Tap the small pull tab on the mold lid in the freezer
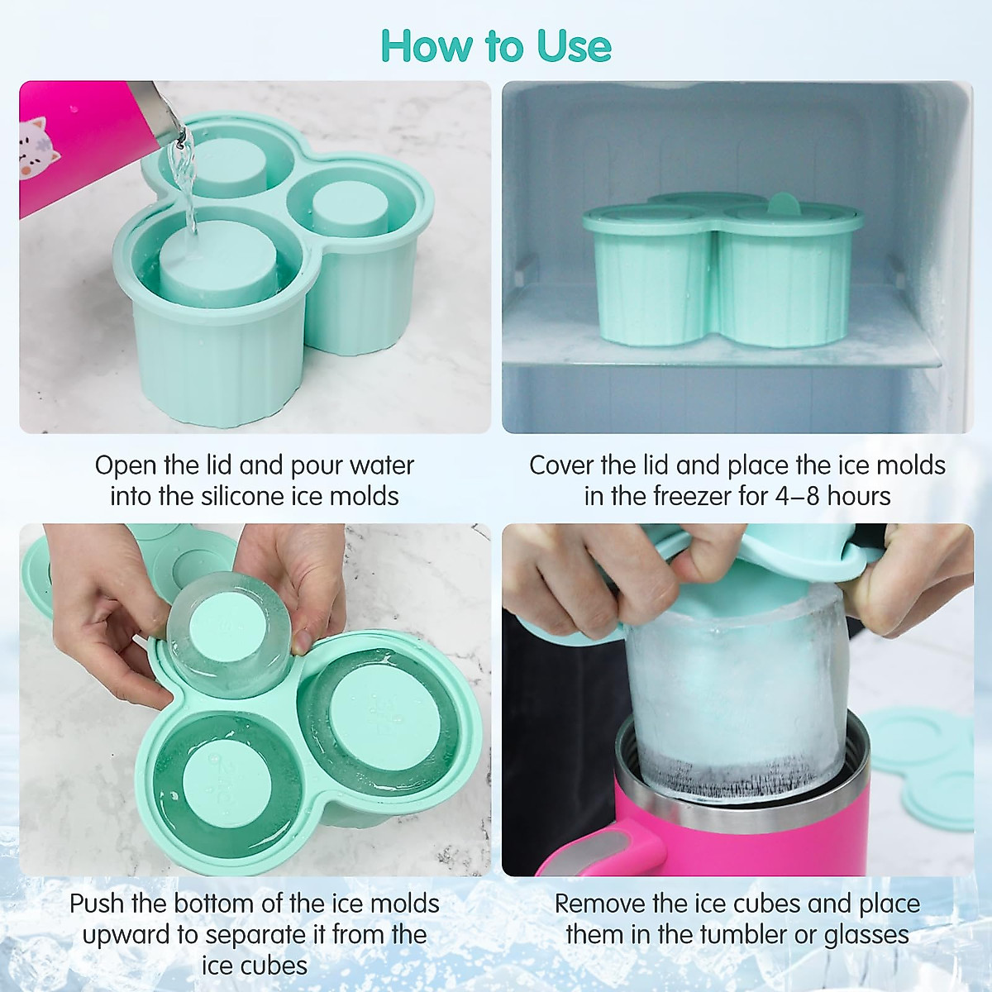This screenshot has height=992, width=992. coord(781,204)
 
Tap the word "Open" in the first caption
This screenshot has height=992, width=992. coord(125,465)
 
